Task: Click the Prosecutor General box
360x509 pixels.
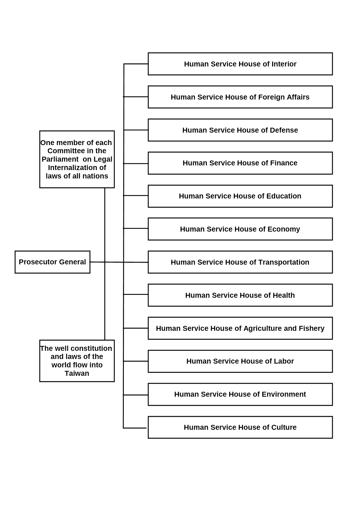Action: pyautogui.click(x=53, y=262)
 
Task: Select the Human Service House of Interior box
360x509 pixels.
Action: pyautogui.click(x=240, y=64)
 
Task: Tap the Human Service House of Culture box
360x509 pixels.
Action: pyautogui.click(x=240, y=427)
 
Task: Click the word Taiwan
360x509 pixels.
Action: pyautogui.click(x=77, y=373)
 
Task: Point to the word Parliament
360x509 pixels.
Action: pyautogui.click(x=60, y=159)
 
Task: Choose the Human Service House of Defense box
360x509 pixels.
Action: pyautogui.click(x=240, y=130)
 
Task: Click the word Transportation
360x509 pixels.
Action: pyautogui.click(x=284, y=262)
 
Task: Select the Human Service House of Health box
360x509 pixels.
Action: pyautogui.click(x=240, y=295)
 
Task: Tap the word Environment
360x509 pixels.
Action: pyautogui.click(x=284, y=394)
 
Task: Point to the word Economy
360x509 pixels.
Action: pyautogui.click(x=284, y=229)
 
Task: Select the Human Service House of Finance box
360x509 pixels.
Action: pyautogui.click(x=240, y=163)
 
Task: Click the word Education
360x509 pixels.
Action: pyautogui.click(x=284, y=196)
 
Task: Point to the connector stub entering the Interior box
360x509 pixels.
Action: pyautogui.click(x=136, y=64)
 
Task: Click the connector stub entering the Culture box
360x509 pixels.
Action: pyautogui.click(x=135, y=428)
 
